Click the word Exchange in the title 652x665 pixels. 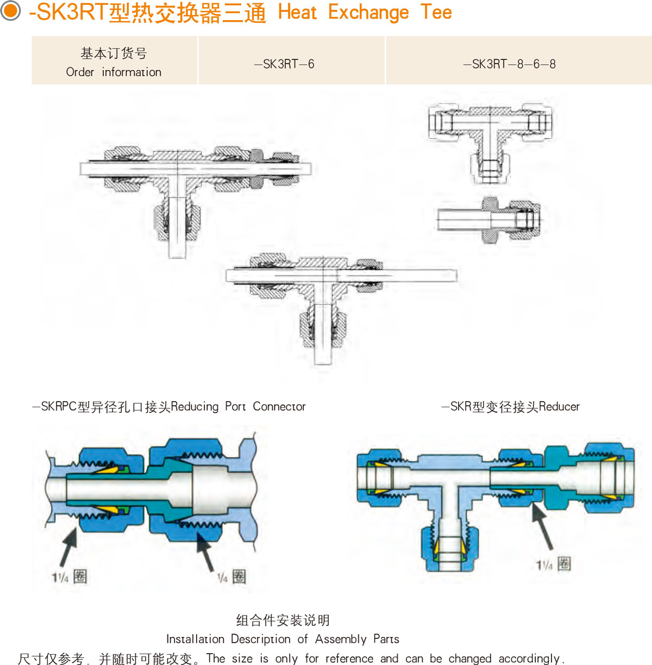tap(368, 12)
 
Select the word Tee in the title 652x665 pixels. tap(436, 12)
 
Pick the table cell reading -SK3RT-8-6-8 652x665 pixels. tap(509, 64)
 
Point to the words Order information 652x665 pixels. tap(114, 72)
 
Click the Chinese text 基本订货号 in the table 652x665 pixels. tap(114, 53)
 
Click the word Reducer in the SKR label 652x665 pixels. tap(559, 407)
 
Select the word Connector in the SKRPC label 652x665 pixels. tap(279, 407)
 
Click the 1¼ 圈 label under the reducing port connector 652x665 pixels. tap(70, 577)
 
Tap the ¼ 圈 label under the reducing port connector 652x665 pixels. tap(232, 577)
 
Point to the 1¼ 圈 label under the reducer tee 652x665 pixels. tap(553, 564)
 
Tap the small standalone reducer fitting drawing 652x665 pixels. tap(489, 220)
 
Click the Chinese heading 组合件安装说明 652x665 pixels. tap(283, 620)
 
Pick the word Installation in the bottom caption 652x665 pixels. tap(195, 639)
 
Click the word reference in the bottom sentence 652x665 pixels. tap(349, 658)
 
